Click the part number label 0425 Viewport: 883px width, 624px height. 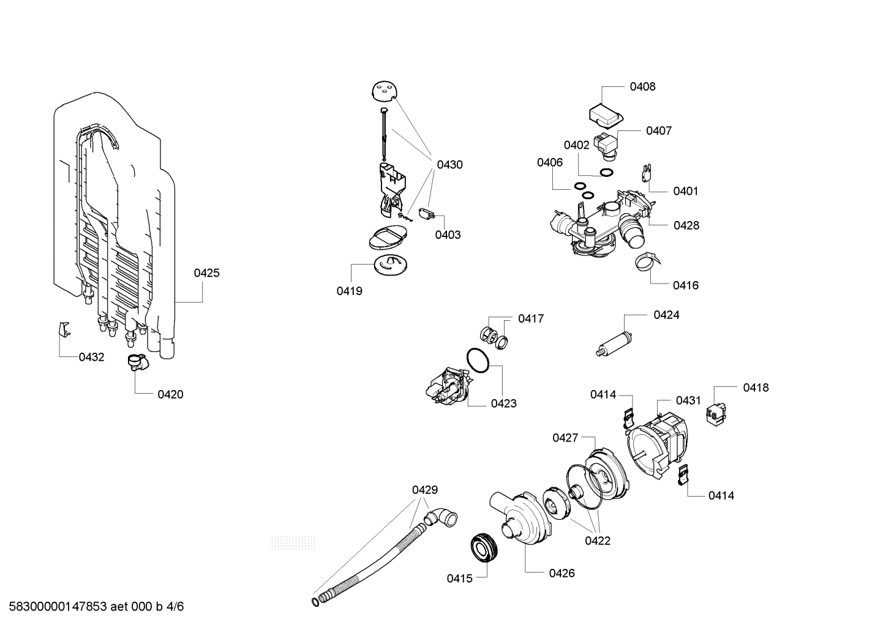tap(206, 273)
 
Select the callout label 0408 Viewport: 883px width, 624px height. tap(642, 87)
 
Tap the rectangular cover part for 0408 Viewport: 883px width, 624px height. tap(605, 114)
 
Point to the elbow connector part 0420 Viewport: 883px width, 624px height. tap(135, 362)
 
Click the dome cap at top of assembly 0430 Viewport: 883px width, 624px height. tap(384, 91)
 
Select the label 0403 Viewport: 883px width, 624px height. tap(448, 235)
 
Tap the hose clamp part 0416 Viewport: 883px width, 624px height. tap(646, 262)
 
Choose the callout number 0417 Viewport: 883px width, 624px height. tap(530, 319)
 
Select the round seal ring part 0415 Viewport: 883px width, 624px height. tap(484, 547)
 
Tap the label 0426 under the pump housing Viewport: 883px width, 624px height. tap(562, 573)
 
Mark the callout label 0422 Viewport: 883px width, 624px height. tap(597, 541)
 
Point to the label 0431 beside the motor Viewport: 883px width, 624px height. tap(688, 400)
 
